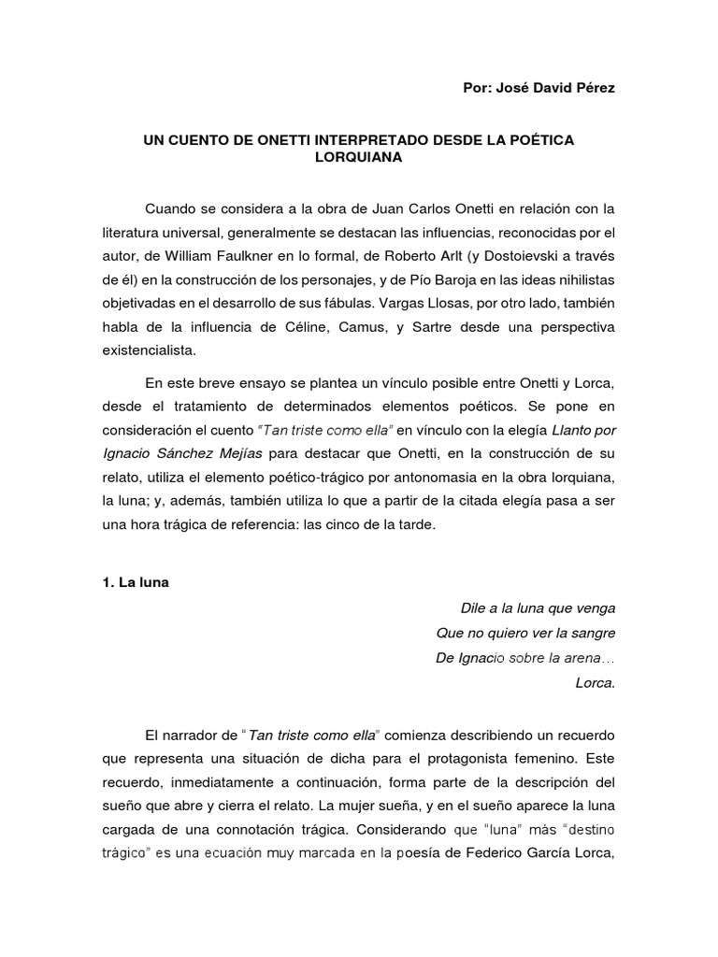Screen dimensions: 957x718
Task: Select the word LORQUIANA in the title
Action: pyautogui.click(x=358, y=158)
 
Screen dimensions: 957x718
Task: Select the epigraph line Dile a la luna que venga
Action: pyautogui.click(x=538, y=607)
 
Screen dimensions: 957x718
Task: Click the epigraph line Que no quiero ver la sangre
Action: pyautogui.click(x=525, y=633)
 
